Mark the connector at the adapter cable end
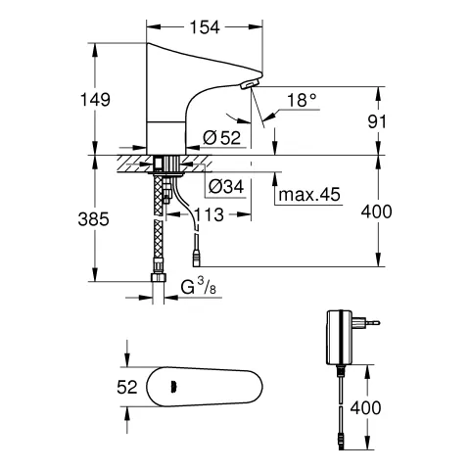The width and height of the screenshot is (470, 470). point(340,442)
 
